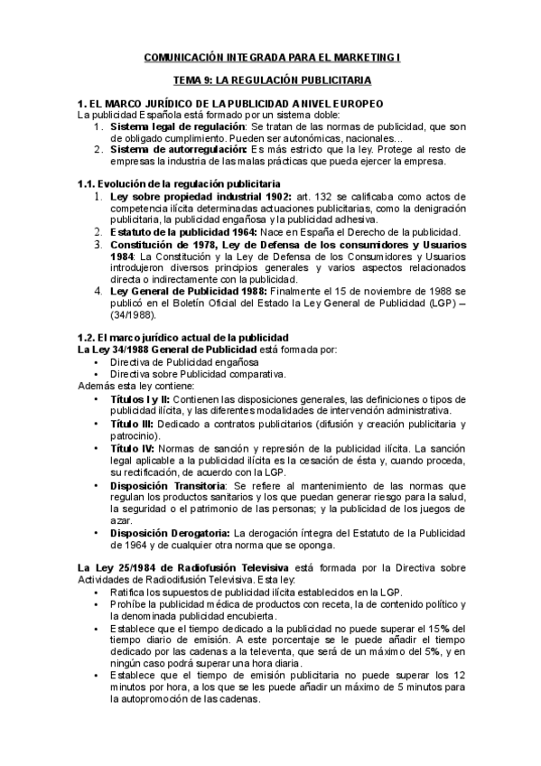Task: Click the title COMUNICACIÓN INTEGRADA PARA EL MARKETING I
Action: point(272,59)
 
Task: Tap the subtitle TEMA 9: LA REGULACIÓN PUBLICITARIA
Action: point(272,80)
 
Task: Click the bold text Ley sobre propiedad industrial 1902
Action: point(189,196)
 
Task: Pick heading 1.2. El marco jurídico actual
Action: point(171,336)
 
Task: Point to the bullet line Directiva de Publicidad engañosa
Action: point(184,360)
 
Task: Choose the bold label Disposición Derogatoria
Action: point(172,532)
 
